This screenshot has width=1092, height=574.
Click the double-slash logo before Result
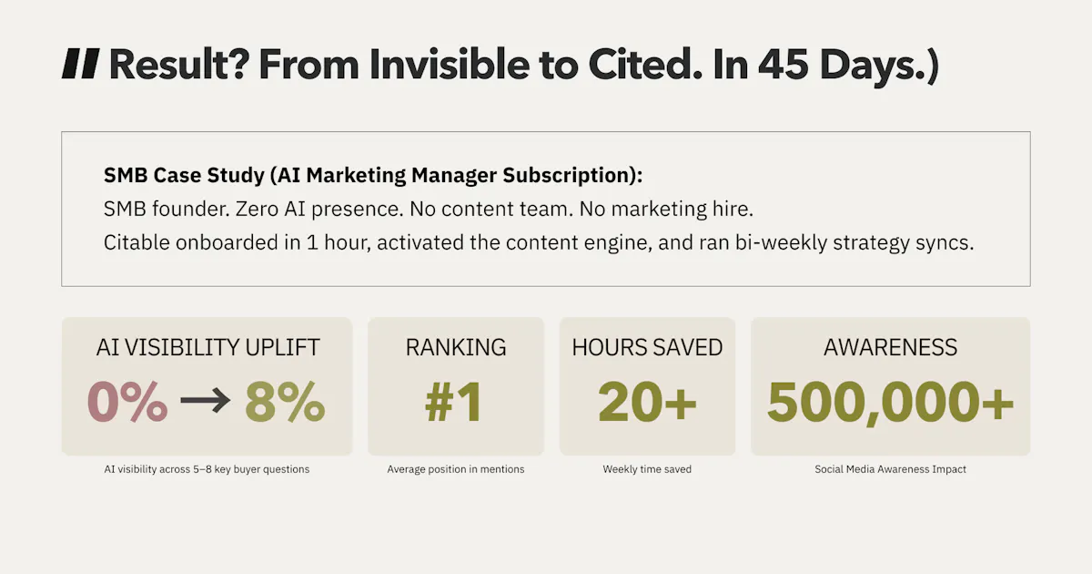pyautogui.click(x=81, y=64)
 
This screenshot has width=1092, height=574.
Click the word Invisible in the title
pyautogui.click(x=450, y=65)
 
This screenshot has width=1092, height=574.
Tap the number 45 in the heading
pyautogui.click(x=783, y=65)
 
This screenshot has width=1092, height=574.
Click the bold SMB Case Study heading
pyautogui.click(x=373, y=175)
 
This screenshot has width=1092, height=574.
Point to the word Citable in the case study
pyautogui.click(x=136, y=242)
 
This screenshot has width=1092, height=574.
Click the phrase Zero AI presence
pyautogui.click(x=318, y=209)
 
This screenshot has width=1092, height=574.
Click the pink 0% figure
pyautogui.click(x=127, y=402)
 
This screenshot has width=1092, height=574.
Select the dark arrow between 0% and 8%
pyautogui.click(x=206, y=401)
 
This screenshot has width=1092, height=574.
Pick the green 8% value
pyautogui.click(x=285, y=402)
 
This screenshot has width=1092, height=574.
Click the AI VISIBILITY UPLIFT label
pyautogui.click(x=207, y=347)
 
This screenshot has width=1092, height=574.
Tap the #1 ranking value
pyautogui.click(x=454, y=402)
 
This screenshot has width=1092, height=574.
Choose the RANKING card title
pyautogui.click(x=456, y=347)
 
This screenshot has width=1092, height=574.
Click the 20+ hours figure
pyautogui.click(x=647, y=402)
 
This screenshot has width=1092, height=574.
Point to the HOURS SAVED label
pyautogui.click(x=647, y=347)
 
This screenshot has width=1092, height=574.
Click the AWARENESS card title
pyautogui.click(x=890, y=347)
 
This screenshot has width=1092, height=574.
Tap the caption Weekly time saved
pyautogui.click(x=647, y=469)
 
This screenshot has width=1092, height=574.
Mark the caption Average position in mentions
pyautogui.click(x=456, y=469)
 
